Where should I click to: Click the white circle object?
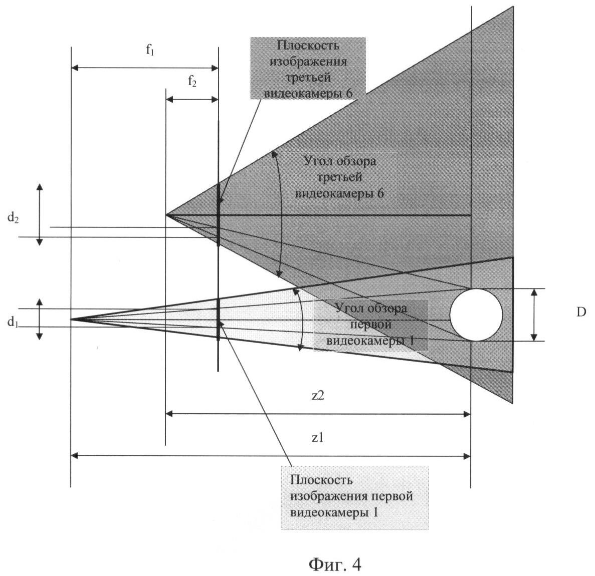476,315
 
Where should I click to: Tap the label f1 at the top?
150,51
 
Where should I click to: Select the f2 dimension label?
192,82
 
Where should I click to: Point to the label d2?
13,219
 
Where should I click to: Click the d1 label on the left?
13,323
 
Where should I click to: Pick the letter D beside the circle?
581,313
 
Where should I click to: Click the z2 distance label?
318,396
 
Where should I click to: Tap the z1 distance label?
318,438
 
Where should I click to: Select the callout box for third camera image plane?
308,69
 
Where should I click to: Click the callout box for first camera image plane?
355,497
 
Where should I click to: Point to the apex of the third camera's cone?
166,215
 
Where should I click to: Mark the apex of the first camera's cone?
71,319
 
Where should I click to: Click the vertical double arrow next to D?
534,315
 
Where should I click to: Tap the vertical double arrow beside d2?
40,214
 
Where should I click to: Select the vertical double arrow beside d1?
40,319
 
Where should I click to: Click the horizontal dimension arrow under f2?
192,99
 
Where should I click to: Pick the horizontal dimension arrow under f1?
145,68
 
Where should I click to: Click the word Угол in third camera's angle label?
316,162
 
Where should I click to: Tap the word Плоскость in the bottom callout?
321,480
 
